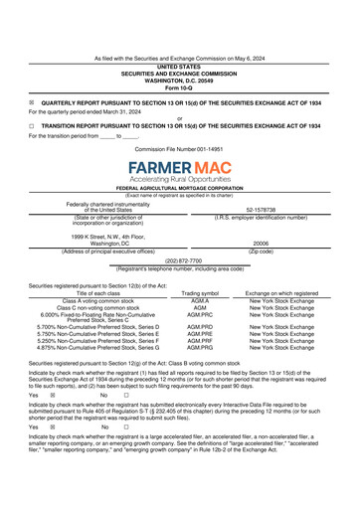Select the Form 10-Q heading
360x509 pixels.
[179, 87]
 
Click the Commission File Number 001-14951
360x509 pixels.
[179, 147]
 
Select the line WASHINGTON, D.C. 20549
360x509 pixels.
[179, 81]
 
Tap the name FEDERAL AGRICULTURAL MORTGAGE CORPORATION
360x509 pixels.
[179, 188]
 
